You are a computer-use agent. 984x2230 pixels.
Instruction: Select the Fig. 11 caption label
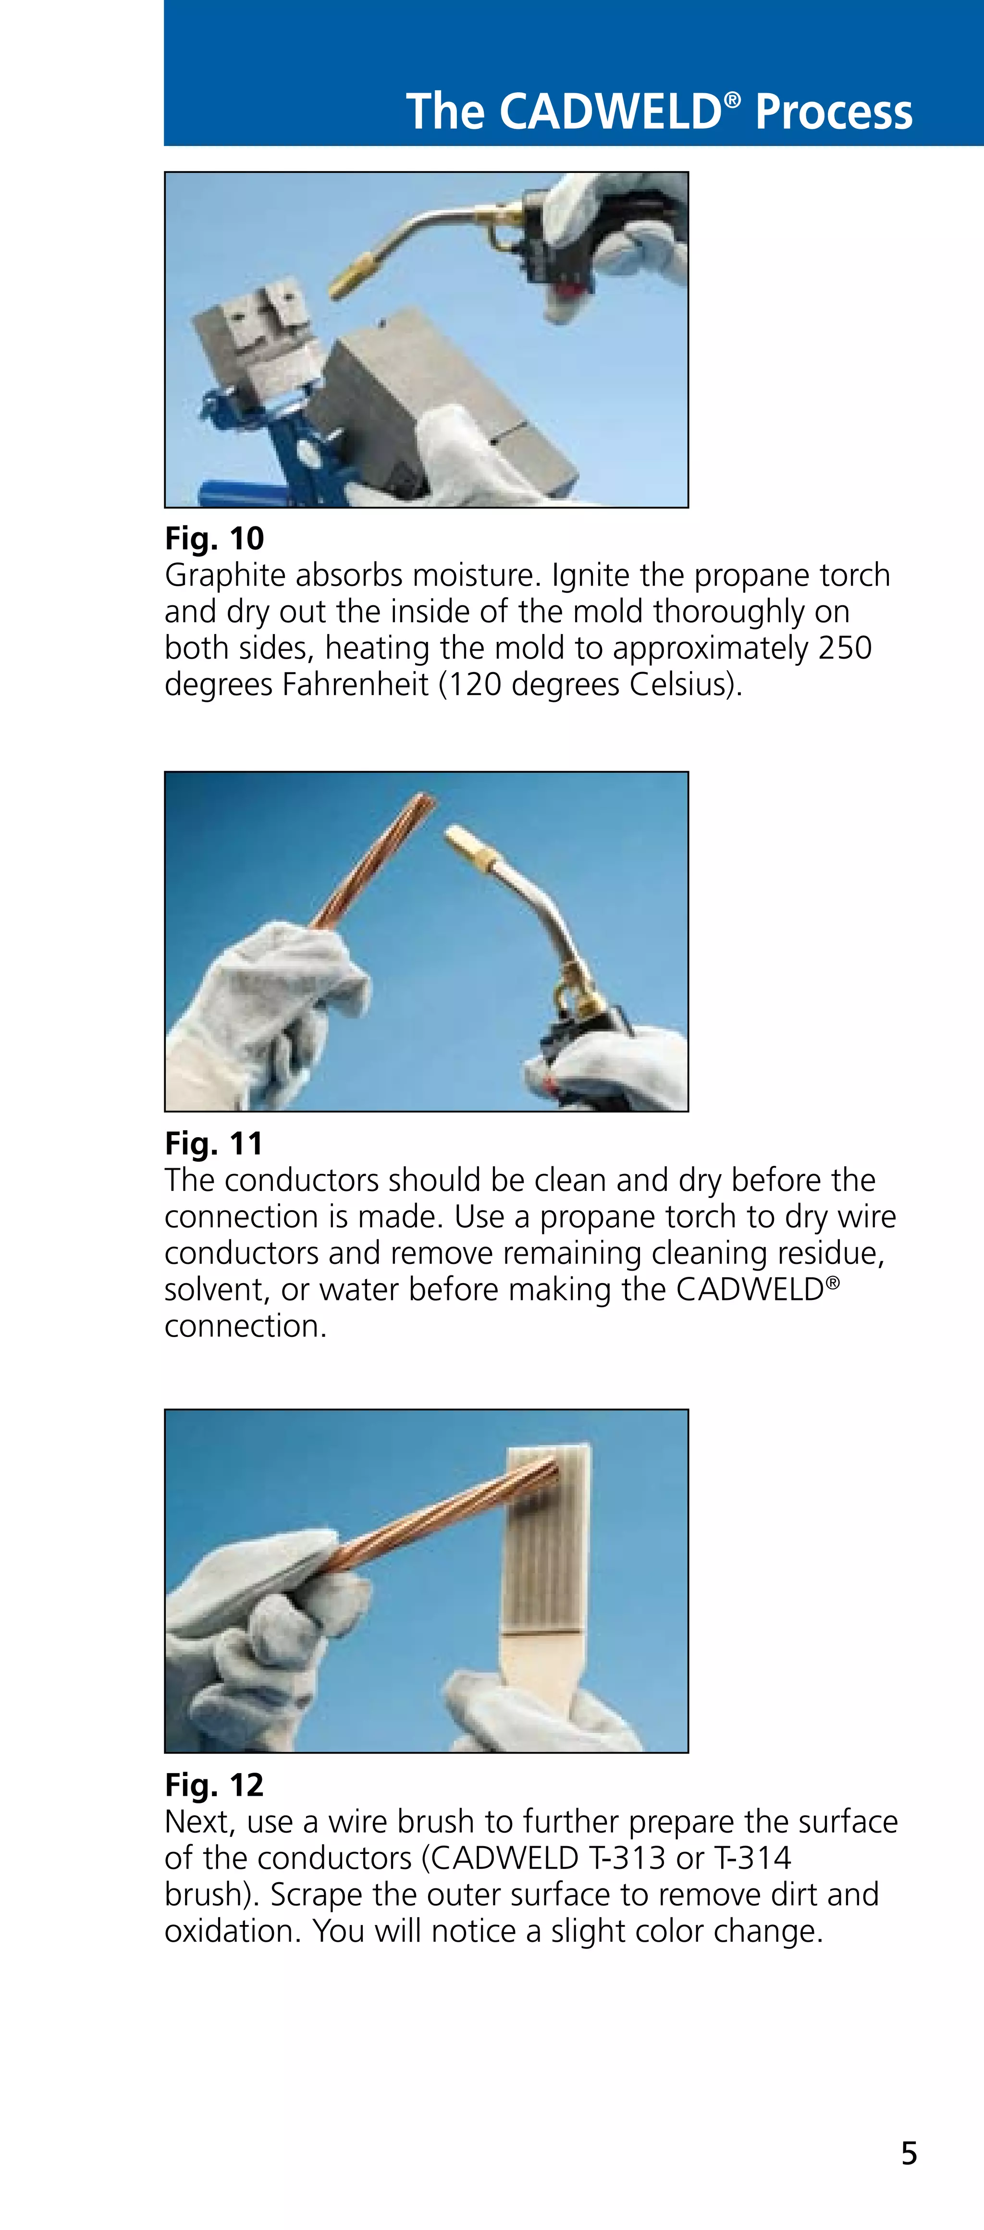(214, 1143)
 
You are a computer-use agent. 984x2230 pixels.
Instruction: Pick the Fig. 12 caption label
(214, 1785)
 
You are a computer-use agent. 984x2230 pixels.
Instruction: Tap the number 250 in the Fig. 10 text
(844, 648)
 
